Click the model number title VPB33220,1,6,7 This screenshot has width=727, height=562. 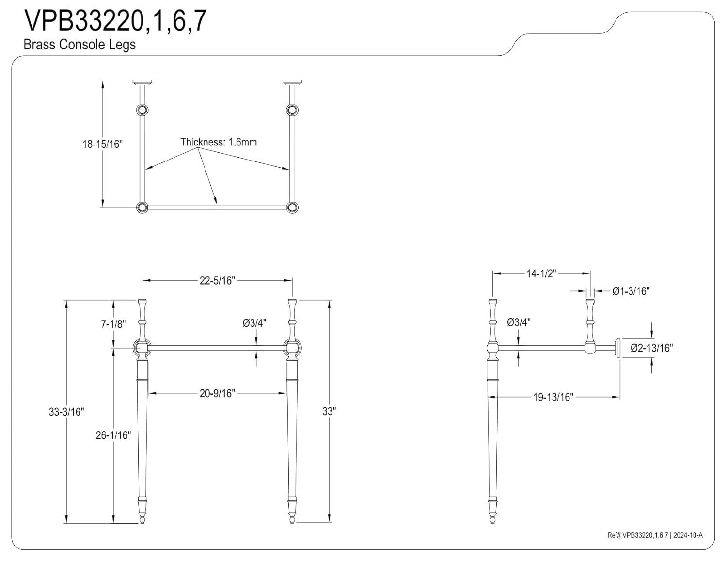point(115,21)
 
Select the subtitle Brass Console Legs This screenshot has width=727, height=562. point(79,45)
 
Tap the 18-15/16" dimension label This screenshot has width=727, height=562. point(102,144)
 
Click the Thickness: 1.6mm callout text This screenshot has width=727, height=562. point(219,142)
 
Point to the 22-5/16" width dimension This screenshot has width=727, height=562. point(217,280)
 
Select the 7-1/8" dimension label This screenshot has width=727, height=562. point(113,324)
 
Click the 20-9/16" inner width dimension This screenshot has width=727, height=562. point(217,393)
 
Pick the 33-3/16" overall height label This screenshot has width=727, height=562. point(66,412)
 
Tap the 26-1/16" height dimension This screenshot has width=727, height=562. point(113,435)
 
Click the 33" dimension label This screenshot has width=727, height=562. point(329,411)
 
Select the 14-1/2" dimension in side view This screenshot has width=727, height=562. point(540,273)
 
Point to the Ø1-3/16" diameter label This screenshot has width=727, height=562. point(631,291)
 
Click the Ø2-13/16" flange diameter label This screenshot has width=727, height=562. point(651,348)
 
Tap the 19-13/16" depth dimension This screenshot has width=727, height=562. point(553,397)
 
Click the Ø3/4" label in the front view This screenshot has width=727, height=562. point(254,323)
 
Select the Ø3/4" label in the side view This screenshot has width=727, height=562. point(519,322)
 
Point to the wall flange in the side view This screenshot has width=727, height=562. point(617,348)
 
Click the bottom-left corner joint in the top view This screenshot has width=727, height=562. point(142,208)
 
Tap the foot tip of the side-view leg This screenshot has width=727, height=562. point(492,520)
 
